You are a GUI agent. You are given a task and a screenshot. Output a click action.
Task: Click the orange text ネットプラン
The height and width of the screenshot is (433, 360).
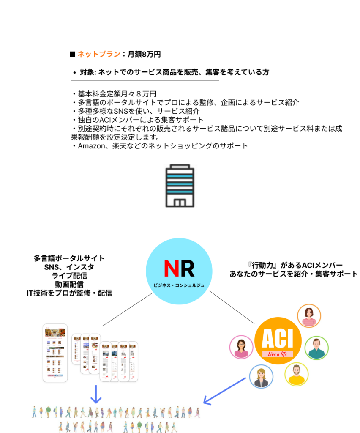pos(99,54)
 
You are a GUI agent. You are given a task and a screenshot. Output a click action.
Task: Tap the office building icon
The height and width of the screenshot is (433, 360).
pos(180,183)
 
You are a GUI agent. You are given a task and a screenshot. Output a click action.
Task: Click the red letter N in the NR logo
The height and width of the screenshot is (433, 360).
pos(171,268)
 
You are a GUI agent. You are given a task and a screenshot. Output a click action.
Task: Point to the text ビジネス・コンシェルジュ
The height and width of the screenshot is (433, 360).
pos(179,285)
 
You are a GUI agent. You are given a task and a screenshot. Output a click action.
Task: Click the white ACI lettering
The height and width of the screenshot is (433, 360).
pos(278,339)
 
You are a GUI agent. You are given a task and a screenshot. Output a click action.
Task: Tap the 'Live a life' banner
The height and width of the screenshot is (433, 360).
pos(278,354)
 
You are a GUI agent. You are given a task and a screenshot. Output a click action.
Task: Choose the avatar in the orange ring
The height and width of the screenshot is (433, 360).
pos(309,315)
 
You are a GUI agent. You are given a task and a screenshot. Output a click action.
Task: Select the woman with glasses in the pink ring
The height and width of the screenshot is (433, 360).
pos(241,347)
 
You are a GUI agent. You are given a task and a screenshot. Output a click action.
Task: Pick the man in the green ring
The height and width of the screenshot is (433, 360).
pos(316,348)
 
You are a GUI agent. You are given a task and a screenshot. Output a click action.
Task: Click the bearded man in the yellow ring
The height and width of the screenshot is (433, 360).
pos(297,374)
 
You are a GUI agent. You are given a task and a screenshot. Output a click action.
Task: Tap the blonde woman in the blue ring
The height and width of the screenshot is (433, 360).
pos(261,376)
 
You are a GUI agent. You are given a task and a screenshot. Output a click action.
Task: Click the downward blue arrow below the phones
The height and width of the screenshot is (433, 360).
pos(96,394)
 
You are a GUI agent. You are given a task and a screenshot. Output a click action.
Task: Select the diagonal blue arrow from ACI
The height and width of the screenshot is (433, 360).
pos(224,390)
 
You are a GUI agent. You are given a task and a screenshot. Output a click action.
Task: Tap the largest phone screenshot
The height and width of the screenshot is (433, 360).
pos(55,354)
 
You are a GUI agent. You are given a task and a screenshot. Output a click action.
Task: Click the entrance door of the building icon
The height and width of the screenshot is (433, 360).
pos(180,203)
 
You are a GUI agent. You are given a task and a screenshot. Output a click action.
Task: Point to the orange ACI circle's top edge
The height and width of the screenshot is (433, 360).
pos(278,318)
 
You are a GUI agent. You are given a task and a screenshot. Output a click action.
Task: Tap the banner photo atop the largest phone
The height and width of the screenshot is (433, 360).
pos(55,333)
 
